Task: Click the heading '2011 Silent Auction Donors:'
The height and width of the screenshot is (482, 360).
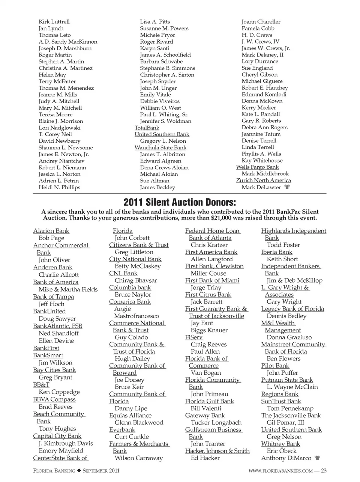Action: (x=180, y=203)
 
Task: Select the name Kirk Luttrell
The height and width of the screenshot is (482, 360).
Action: (x=54, y=22)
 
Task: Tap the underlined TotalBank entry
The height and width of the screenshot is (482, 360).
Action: (x=147, y=128)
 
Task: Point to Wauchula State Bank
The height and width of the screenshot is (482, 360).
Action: (x=160, y=148)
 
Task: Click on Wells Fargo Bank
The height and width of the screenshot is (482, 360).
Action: (x=257, y=167)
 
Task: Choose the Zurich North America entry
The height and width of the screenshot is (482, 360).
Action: (x=264, y=180)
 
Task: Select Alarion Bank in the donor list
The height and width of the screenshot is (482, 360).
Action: (x=51, y=231)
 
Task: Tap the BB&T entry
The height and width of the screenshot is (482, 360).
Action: (x=41, y=385)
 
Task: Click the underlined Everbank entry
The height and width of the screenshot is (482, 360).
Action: (x=122, y=429)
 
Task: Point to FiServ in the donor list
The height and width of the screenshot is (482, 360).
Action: (x=194, y=337)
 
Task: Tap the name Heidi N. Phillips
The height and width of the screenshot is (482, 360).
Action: (x=59, y=187)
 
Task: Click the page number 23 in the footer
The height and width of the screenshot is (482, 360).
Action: (x=324, y=471)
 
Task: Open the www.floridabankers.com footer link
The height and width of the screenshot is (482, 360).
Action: (x=280, y=471)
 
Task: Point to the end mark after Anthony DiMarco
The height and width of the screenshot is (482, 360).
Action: (x=317, y=458)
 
